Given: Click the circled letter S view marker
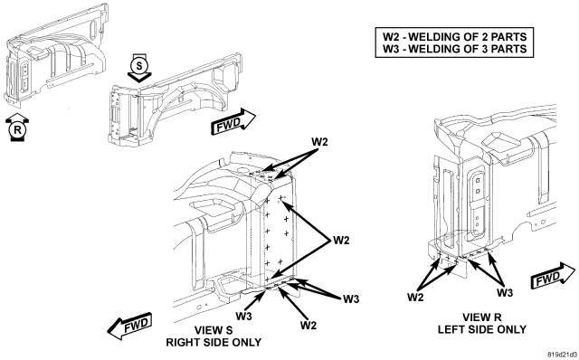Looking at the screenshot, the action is [138, 66].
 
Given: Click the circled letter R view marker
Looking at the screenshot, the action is [17, 130].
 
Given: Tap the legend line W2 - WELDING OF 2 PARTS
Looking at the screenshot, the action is [454, 37].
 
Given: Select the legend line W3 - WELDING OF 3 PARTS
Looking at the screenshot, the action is [454, 49].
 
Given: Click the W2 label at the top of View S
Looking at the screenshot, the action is [319, 142].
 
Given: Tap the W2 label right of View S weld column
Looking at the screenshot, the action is [341, 241].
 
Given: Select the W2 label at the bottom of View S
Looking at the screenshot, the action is [308, 326].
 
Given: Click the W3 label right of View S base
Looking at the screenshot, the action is [351, 299].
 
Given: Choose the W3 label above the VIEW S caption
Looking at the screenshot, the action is [244, 317].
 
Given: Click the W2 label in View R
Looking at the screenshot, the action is [415, 298].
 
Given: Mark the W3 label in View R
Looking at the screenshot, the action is [505, 293].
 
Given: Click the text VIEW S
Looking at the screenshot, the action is [214, 330].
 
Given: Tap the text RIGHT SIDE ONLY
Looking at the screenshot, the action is [214, 342].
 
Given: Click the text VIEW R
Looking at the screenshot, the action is [482, 317].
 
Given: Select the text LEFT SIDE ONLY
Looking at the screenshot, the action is [482, 329].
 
